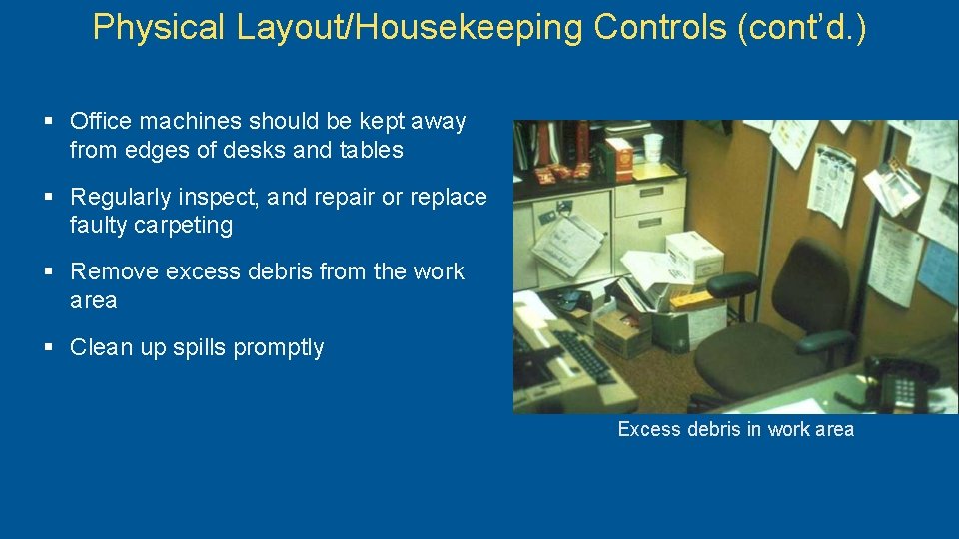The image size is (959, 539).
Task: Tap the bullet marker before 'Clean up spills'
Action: click(49, 347)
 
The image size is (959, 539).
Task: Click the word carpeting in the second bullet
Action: click(151, 226)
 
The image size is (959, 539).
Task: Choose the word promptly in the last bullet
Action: click(278, 348)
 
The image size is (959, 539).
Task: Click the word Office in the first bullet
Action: click(101, 122)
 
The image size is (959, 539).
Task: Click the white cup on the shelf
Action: click(653, 147)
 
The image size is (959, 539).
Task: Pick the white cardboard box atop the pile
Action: click(695, 255)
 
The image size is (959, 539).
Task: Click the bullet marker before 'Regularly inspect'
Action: click(49, 197)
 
